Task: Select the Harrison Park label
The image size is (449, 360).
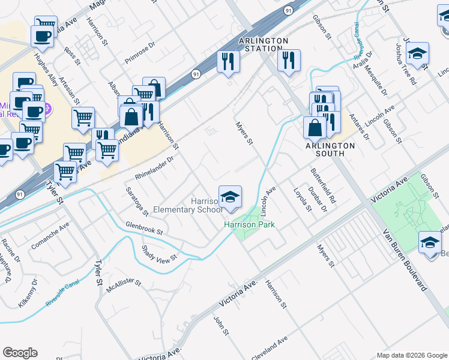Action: [249, 224]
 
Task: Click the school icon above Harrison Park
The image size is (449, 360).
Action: [230, 197]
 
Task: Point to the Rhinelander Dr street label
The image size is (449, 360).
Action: [154, 169]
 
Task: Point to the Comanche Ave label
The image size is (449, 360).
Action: [50, 236]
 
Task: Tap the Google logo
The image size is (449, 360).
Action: [20, 353]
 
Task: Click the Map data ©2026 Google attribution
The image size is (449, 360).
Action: [412, 355]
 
